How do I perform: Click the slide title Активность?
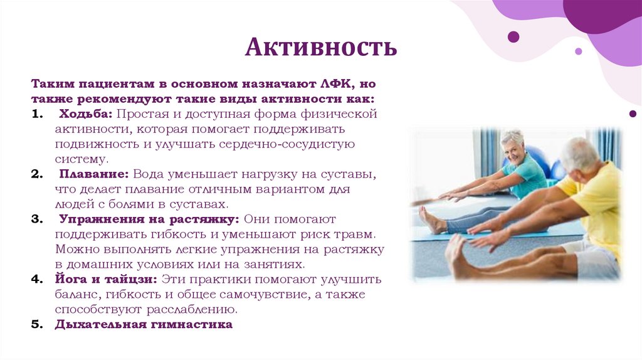point(320,47)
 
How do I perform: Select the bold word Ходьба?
point(86,115)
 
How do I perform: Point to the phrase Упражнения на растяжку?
point(149,220)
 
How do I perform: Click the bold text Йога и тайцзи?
point(106,279)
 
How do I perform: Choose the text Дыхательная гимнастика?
point(144,324)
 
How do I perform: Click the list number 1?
point(36,115)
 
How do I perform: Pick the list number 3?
point(36,220)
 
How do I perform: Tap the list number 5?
point(36,324)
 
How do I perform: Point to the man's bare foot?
point(456,255)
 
